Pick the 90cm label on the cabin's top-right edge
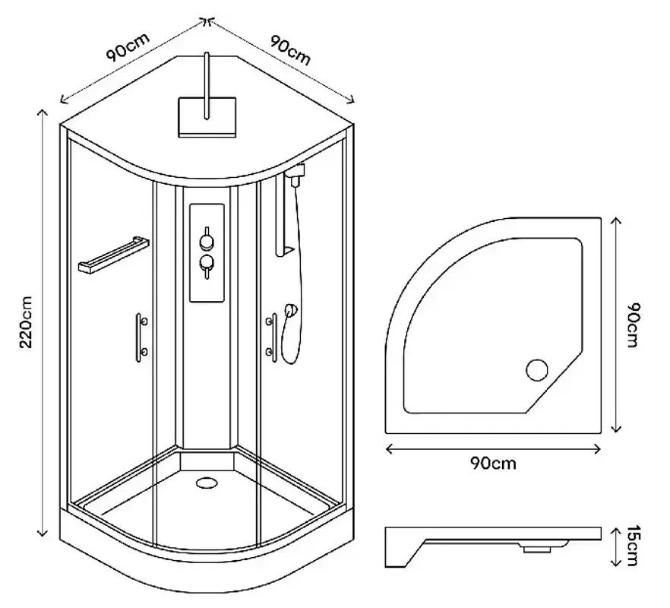click(x=289, y=50)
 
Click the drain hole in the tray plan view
click(x=537, y=369)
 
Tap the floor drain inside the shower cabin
click(x=206, y=481)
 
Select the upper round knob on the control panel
click(x=206, y=242)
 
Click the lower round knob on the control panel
click(x=206, y=264)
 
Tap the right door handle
click(x=270, y=335)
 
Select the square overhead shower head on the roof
click(x=207, y=116)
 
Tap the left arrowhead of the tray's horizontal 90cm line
click(x=390, y=448)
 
